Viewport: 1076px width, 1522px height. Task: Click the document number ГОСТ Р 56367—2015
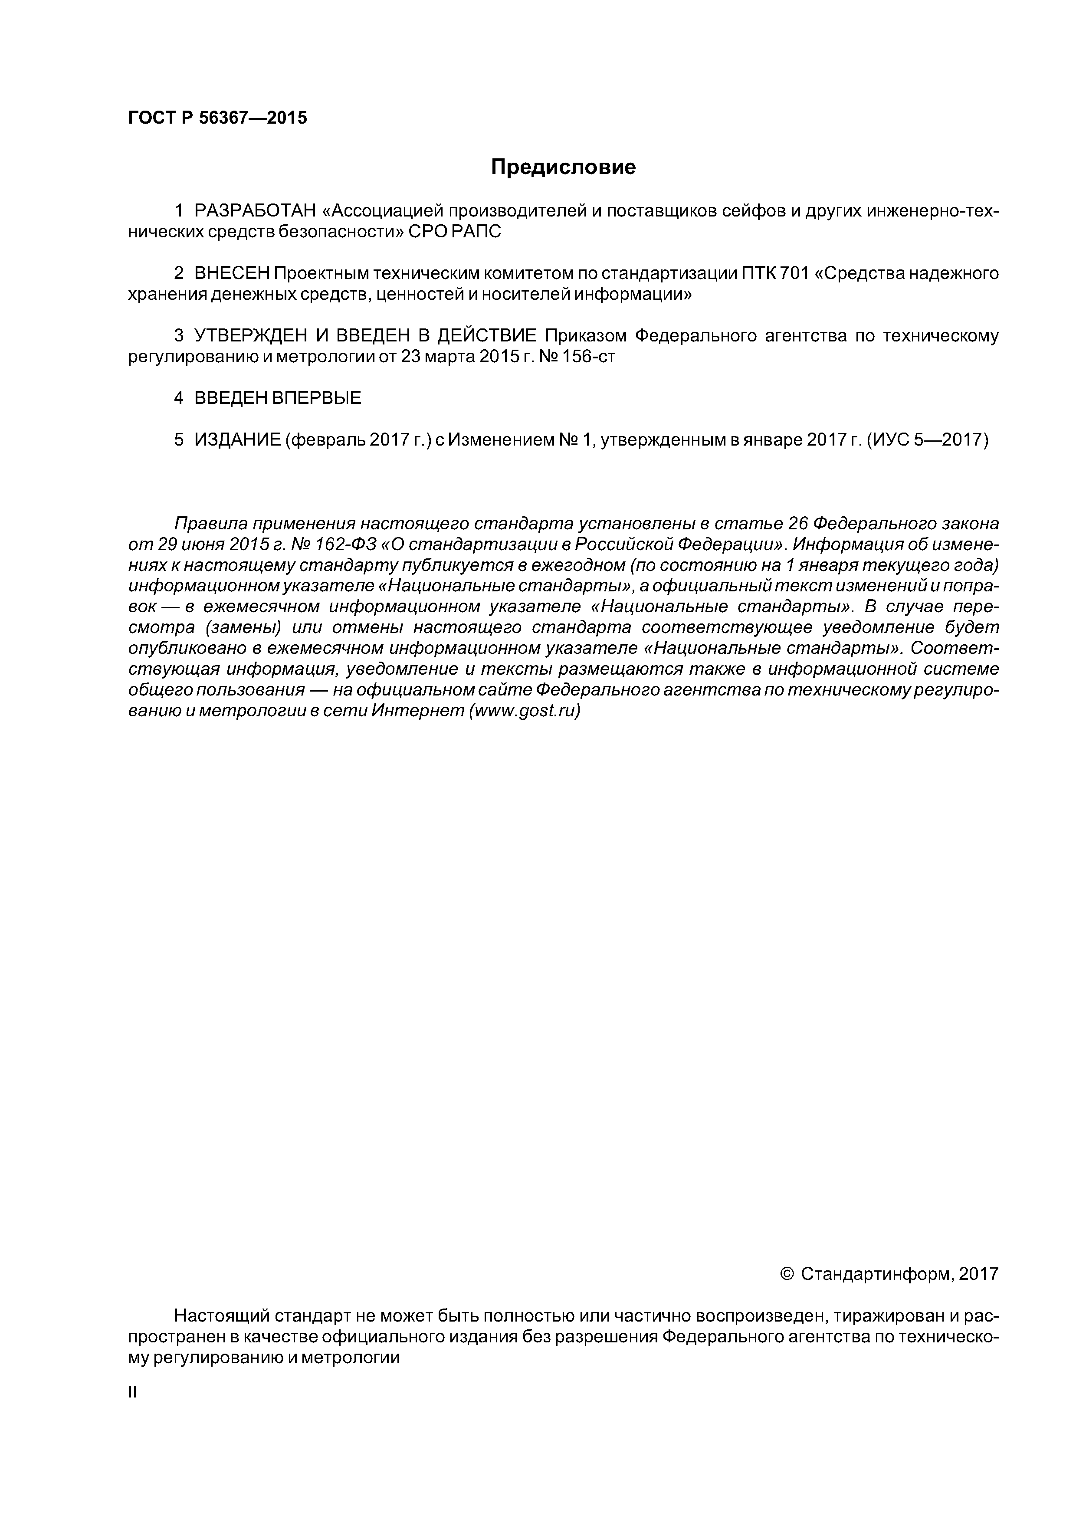[217, 118]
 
